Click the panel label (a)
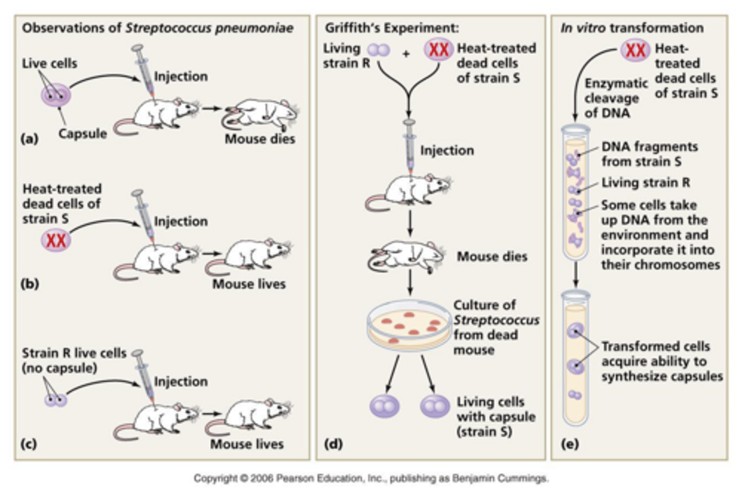coord(29,138)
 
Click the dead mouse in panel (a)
coord(260,114)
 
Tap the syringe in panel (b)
coord(143,216)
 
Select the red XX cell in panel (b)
coord(56,240)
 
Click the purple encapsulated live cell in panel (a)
coord(56,95)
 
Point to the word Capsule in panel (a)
coord(82,134)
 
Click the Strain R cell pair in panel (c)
coord(56,399)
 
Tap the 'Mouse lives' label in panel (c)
coord(247,444)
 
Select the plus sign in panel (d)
coord(406,53)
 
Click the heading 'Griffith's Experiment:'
coord(392,28)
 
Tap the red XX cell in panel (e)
coord(635,50)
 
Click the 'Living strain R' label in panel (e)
coord(646,183)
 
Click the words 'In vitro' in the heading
coord(583,28)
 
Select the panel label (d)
coord(333,444)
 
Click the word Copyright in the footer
coord(215,479)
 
